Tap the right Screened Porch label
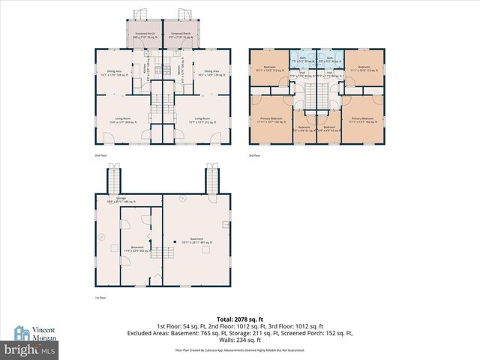click(x=181, y=35)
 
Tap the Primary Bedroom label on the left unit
click(x=271, y=119)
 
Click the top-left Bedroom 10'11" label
click(x=270, y=68)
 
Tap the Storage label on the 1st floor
click(x=130, y=199)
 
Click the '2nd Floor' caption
click(x=100, y=156)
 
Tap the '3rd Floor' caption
click(x=255, y=156)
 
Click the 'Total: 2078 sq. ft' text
click(x=240, y=319)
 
